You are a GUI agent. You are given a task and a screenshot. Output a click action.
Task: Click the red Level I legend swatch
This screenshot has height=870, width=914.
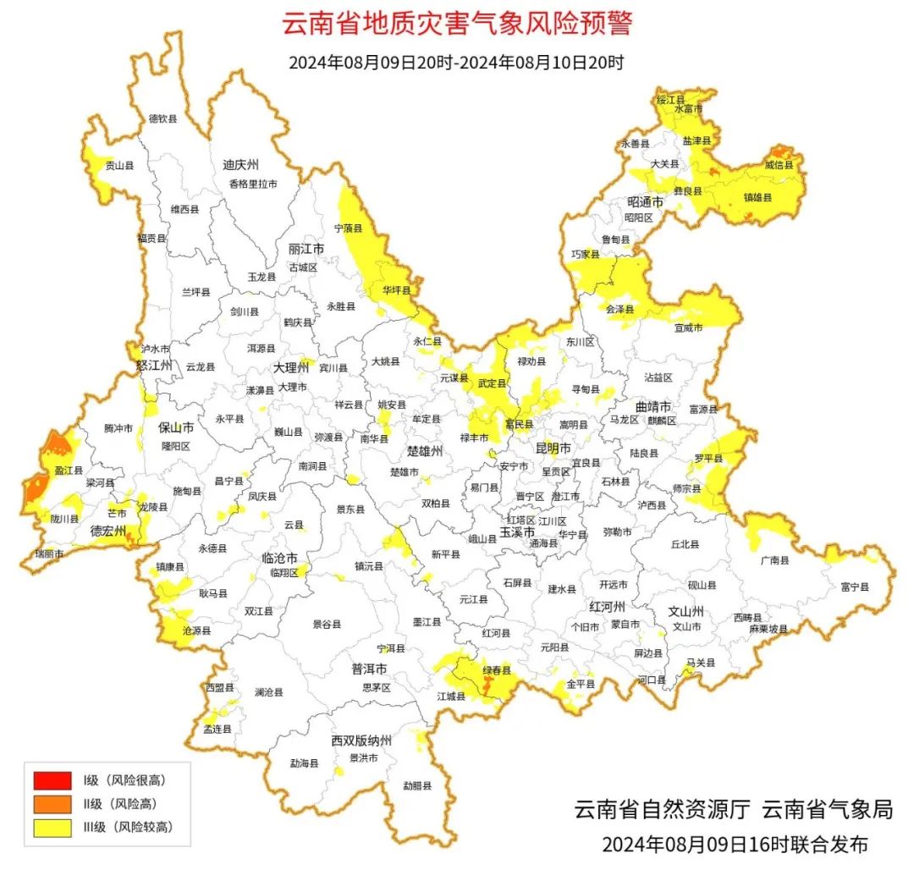coord(52,779)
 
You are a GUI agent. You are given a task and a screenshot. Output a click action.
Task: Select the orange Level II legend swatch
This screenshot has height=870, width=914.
coord(52,803)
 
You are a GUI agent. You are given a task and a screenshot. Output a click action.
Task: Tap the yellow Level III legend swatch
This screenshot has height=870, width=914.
coord(52,827)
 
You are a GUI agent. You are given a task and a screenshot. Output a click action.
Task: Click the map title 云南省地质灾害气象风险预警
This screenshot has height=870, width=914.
coord(456,23)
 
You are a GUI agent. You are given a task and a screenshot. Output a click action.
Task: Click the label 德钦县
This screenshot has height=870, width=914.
coord(163,119)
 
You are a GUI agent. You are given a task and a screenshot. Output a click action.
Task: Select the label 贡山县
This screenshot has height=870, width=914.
coord(119,167)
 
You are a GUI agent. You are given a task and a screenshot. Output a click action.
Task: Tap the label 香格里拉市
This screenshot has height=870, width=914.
coord(252,184)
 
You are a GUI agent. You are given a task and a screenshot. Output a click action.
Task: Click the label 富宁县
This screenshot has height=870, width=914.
coord(854,586)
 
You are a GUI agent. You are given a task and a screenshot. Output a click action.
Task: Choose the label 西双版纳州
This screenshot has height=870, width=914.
coord(361,741)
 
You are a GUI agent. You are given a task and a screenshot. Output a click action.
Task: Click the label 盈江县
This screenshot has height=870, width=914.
coord(68,470)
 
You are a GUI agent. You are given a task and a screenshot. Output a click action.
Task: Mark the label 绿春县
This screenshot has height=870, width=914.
coord(497,670)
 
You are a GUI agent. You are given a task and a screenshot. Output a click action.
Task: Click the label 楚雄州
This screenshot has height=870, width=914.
coord(425,451)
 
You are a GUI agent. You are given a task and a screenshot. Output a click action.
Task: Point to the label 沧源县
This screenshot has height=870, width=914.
coord(196,630)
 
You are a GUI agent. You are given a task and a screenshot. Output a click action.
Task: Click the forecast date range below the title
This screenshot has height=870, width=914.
coord(456,63)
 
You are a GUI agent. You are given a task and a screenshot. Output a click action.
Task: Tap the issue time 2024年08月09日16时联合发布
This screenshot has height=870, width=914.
coord(735,844)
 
